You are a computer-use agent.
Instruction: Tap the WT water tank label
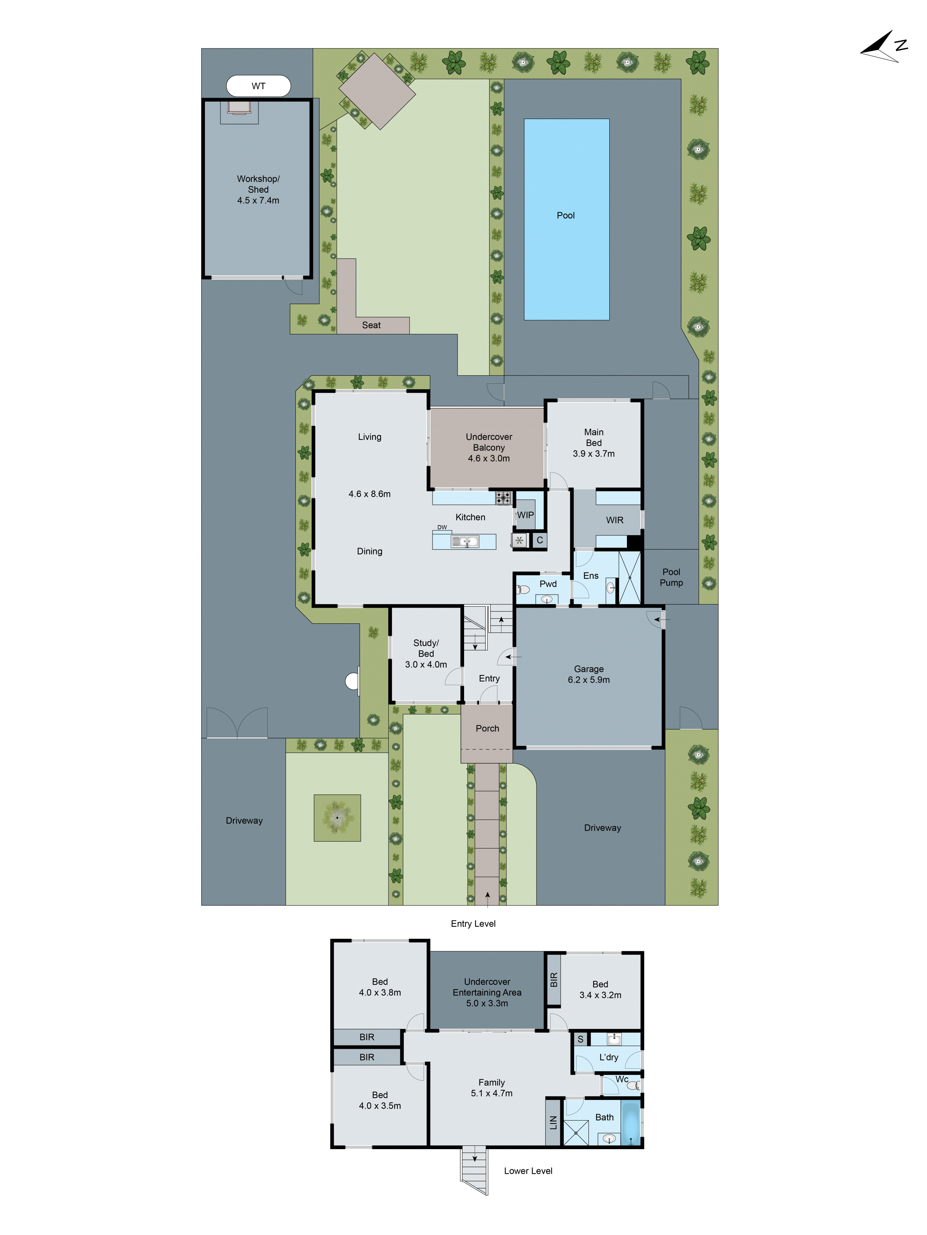tap(258, 86)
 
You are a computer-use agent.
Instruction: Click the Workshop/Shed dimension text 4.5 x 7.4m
tap(258, 200)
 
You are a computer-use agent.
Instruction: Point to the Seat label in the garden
tap(371, 325)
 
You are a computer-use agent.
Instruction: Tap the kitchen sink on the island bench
tap(465, 541)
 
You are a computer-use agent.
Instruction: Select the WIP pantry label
tap(525, 515)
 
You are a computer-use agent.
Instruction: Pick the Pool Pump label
tap(671, 577)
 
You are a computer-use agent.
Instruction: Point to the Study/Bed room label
tap(426, 648)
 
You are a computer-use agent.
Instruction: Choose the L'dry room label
tap(608, 1057)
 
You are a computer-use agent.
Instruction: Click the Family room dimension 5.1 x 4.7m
tap(491, 1093)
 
